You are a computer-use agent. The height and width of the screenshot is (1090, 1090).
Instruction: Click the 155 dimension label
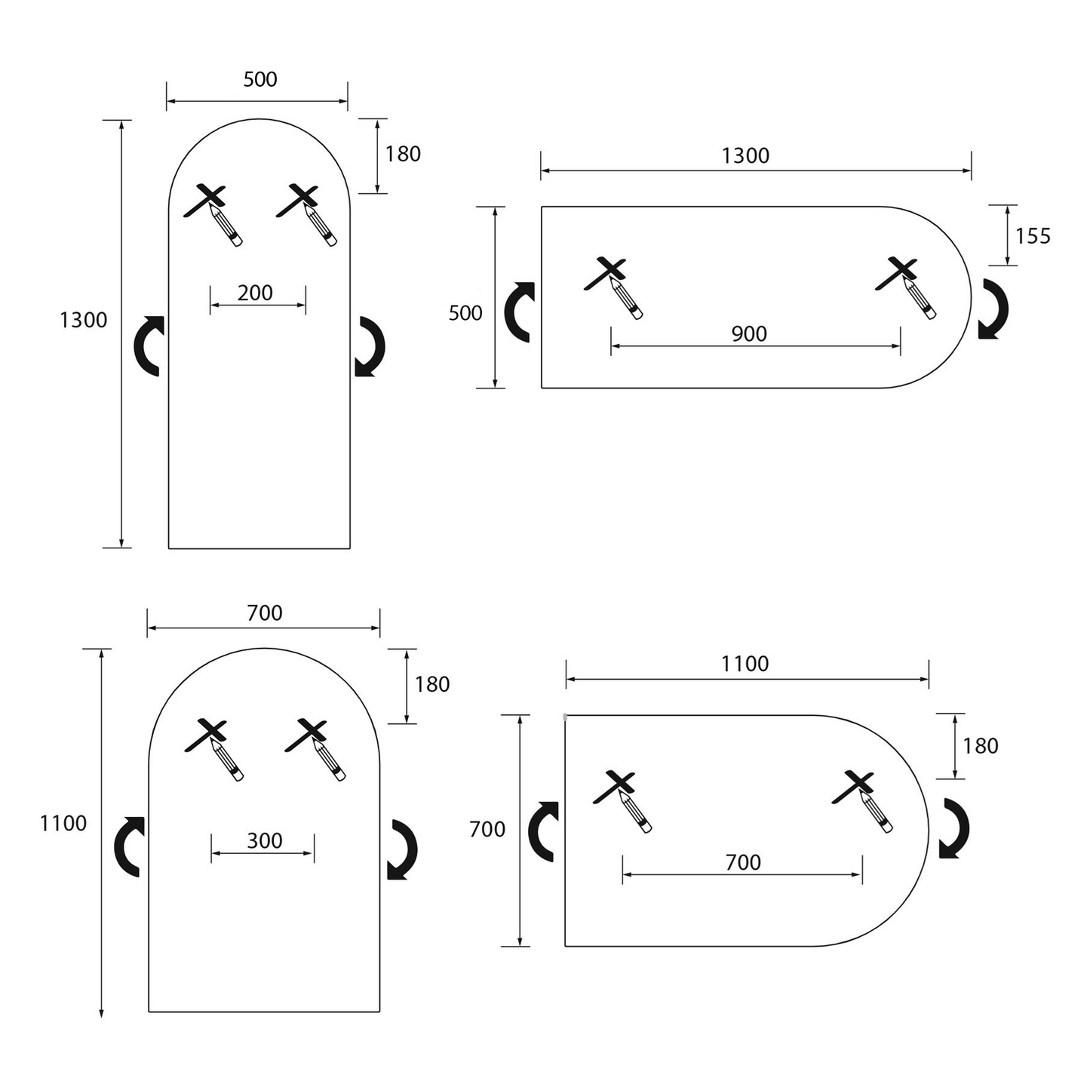click(x=1033, y=236)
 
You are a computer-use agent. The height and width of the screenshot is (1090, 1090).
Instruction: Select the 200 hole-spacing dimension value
click(x=255, y=293)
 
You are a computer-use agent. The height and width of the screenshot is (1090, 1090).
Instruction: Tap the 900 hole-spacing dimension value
click(x=749, y=333)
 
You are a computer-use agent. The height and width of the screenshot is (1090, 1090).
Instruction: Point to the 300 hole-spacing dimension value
click(x=264, y=840)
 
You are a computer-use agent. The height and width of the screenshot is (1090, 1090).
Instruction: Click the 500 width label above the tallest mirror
click(x=260, y=79)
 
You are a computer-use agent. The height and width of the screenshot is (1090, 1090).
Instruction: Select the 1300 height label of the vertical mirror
click(x=83, y=320)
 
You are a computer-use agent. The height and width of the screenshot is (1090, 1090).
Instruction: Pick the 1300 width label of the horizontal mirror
click(x=745, y=155)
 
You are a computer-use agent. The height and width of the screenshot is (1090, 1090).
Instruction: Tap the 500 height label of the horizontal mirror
click(x=465, y=313)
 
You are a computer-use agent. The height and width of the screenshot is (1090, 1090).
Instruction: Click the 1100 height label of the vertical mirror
click(x=63, y=823)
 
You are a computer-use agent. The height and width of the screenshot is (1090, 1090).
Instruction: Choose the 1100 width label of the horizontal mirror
click(x=745, y=664)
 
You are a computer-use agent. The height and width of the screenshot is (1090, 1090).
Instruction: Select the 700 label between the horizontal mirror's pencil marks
click(x=743, y=862)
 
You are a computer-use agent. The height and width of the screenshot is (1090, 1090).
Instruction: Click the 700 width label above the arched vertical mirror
click(x=264, y=613)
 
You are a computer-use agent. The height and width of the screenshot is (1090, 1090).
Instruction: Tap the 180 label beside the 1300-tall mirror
click(x=403, y=154)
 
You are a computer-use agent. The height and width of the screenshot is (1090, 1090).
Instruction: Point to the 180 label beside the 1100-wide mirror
click(x=980, y=746)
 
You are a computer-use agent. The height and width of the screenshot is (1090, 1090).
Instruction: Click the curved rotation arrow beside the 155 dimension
click(x=993, y=309)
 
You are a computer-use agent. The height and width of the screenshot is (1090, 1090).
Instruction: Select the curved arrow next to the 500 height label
click(x=519, y=312)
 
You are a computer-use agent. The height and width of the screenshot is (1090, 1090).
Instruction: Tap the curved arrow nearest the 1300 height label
click(x=149, y=345)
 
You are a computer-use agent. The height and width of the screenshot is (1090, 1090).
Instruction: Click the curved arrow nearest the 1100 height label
click(x=129, y=846)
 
